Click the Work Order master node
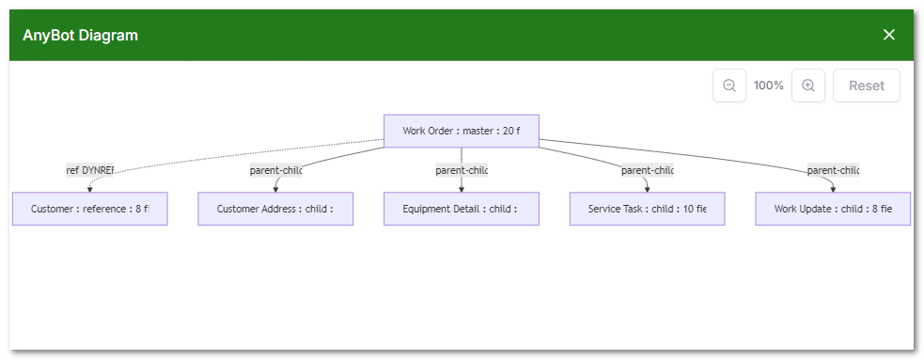(461, 131)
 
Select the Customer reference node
(89, 209)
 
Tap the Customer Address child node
(275, 209)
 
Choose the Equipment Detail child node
(461, 209)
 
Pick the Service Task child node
(647, 209)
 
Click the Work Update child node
(832, 209)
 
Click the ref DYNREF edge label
(90, 170)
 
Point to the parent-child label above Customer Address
(275, 170)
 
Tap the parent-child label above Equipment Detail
(462, 170)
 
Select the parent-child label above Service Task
(648, 170)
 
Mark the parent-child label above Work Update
(833, 170)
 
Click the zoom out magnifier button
(729, 86)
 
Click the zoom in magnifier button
(808, 86)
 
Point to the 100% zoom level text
(769, 86)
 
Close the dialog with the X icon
(889, 35)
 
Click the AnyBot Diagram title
(81, 36)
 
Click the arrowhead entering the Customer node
(89, 188)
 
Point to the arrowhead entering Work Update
(833, 188)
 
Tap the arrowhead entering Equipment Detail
(462, 188)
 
